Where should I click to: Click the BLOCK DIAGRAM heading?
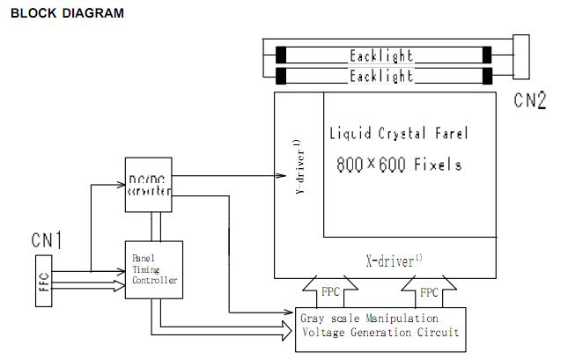(67, 13)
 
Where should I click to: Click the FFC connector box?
(44, 282)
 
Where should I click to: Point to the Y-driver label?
(299, 167)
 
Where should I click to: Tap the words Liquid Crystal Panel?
(398, 134)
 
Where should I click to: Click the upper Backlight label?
(381, 55)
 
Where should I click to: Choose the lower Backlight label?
(381, 77)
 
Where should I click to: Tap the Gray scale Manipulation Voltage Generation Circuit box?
(380, 326)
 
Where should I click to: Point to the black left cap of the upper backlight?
(280, 55)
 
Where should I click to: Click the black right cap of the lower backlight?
(485, 77)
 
